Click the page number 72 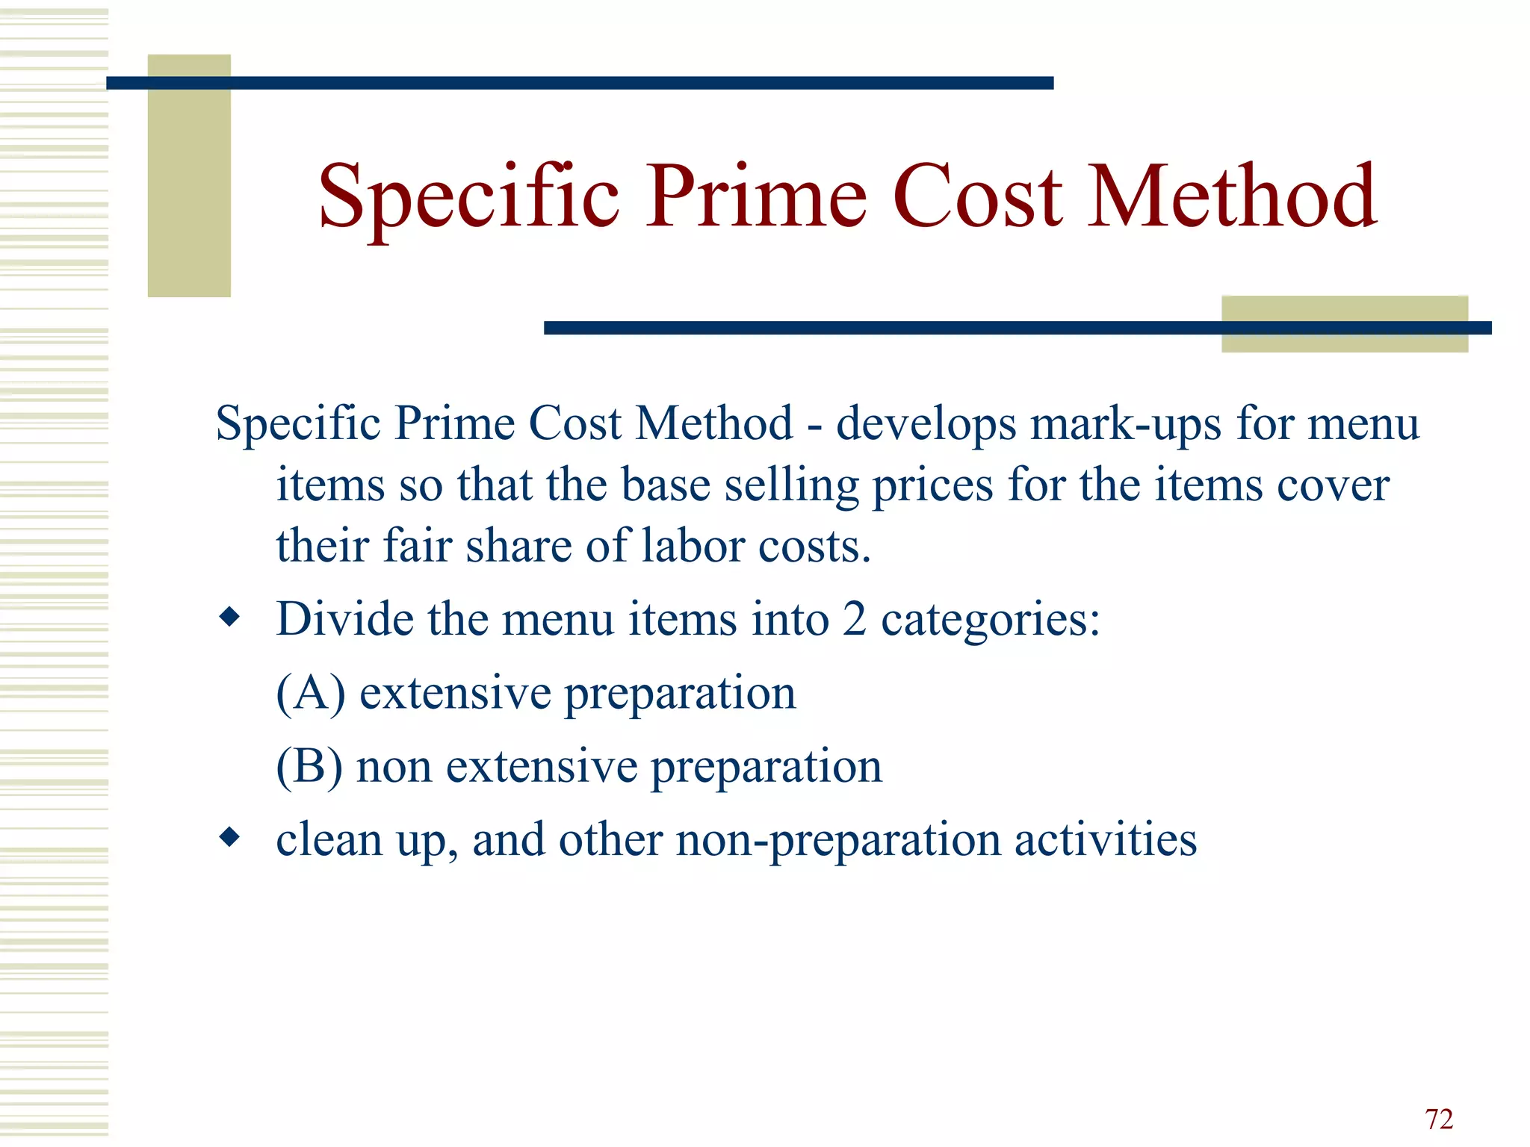coord(1439,1119)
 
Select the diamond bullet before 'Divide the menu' coord(230,617)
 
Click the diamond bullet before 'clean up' coord(230,836)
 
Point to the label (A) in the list coord(311,693)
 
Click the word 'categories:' coord(991,620)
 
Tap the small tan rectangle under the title coord(1345,310)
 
